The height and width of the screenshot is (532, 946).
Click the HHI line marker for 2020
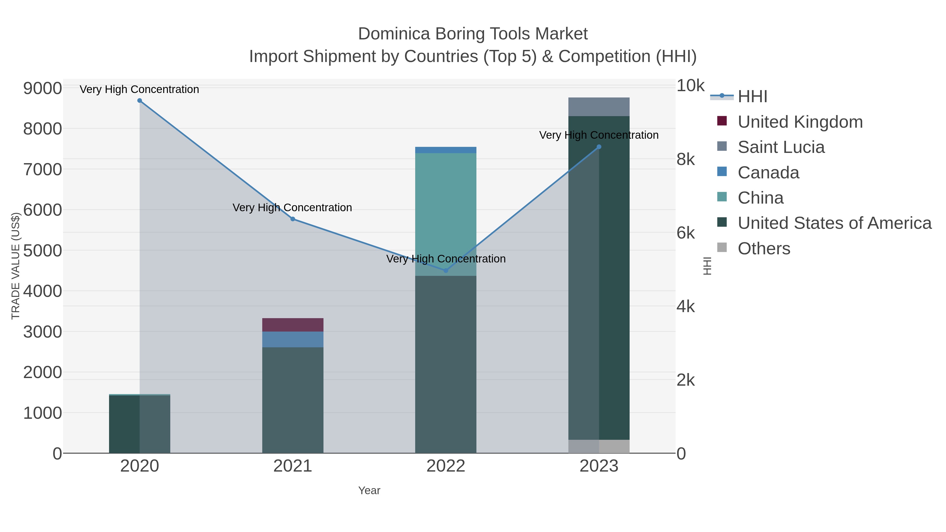coord(140,101)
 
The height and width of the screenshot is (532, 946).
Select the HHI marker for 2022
coord(446,271)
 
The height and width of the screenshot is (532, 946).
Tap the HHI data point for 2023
coord(599,147)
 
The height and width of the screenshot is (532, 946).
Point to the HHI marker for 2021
coord(293,219)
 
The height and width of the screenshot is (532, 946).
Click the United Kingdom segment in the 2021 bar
coord(293,325)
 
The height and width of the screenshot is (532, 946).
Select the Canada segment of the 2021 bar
coord(293,340)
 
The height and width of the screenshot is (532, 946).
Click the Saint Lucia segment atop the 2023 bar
coord(599,107)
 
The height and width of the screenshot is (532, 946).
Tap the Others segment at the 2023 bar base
coord(599,446)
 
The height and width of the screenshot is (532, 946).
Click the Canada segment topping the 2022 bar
coord(446,150)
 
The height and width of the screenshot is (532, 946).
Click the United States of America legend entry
coord(834,223)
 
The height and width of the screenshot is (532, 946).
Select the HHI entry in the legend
coord(752,97)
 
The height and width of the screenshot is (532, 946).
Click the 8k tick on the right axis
coord(686,160)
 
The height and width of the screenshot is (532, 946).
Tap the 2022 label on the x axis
coord(446,466)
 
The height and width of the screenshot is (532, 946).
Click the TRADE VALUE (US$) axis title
coord(16,266)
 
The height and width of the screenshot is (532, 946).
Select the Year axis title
coord(369,490)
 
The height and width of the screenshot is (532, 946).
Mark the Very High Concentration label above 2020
coord(140,90)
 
